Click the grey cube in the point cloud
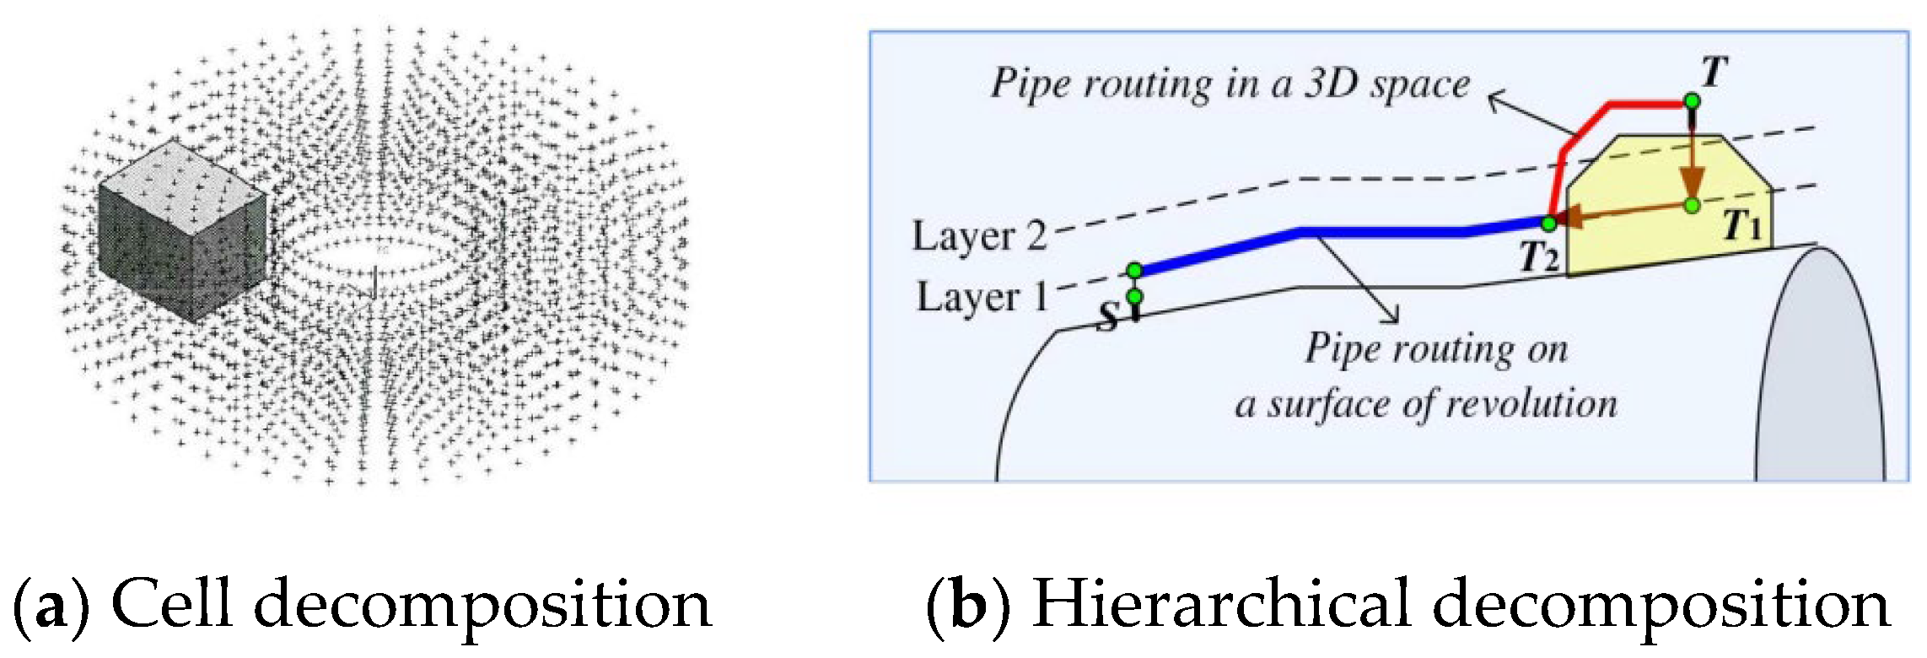click(x=181, y=232)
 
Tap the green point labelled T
click(x=1692, y=101)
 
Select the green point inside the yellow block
click(x=1692, y=205)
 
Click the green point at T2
click(x=1548, y=224)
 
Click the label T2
click(x=1538, y=256)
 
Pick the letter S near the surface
click(x=1109, y=316)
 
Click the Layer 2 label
click(x=978, y=235)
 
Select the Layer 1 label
click(x=981, y=297)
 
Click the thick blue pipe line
click(x=1383, y=232)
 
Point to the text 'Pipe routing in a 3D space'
click(x=1229, y=84)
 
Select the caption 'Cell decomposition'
click(x=412, y=604)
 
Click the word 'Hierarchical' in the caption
click(x=1221, y=604)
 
